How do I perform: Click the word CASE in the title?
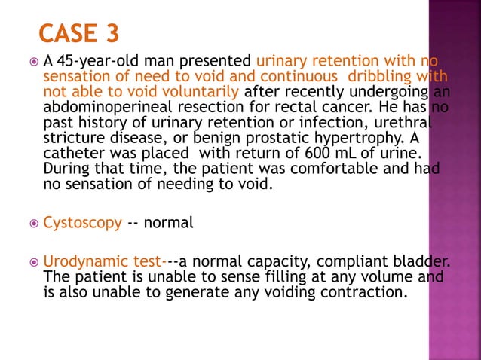point(69,33)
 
